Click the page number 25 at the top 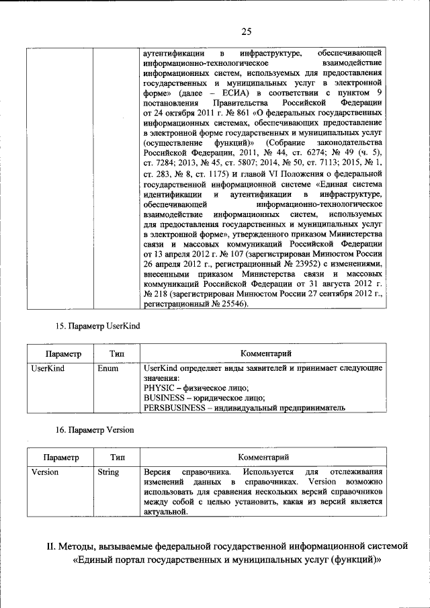(x=246, y=32)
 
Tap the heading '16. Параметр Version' (x=94, y=429)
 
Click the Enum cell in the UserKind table (x=108, y=368)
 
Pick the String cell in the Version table (x=108, y=472)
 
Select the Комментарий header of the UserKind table (x=264, y=353)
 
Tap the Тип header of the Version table (x=116, y=457)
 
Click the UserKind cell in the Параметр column (x=48, y=368)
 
